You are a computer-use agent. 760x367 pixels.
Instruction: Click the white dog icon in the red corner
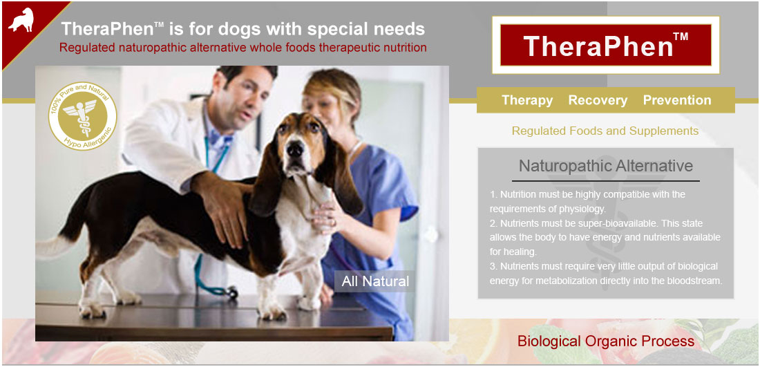click(21, 20)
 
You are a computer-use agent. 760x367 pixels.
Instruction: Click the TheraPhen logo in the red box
click(605, 45)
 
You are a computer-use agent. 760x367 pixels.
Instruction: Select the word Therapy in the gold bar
click(527, 100)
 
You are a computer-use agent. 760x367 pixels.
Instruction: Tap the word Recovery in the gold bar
click(598, 100)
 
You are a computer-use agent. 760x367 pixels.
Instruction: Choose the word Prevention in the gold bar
click(676, 100)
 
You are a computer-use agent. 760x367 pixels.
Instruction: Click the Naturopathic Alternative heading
click(606, 166)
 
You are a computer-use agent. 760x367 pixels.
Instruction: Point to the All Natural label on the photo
click(375, 281)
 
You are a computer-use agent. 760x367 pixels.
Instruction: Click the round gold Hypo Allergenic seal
click(82, 116)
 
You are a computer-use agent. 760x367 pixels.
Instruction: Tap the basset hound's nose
click(294, 149)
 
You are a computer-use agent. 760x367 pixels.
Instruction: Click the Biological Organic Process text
click(606, 341)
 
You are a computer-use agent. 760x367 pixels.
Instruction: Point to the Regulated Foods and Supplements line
click(605, 131)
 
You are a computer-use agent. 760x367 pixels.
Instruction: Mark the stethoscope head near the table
click(231, 292)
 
